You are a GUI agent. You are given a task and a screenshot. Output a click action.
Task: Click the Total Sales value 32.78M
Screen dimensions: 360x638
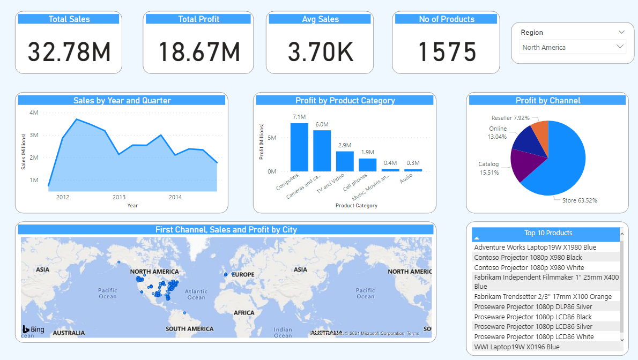click(x=69, y=52)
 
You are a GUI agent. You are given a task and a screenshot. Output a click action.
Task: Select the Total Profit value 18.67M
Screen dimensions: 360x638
click(x=199, y=52)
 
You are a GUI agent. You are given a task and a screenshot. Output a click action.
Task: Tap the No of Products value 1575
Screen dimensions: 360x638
click(x=447, y=52)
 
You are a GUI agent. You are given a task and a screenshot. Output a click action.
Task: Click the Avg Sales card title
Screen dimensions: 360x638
click(x=320, y=19)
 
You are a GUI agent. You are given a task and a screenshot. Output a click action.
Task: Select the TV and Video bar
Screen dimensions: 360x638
click(x=345, y=161)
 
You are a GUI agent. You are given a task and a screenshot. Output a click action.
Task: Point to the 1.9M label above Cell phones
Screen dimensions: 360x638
click(x=367, y=153)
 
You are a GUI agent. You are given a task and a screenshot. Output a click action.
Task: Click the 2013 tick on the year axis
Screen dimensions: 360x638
click(x=119, y=197)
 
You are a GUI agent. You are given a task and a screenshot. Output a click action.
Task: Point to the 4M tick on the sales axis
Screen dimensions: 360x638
click(x=33, y=112)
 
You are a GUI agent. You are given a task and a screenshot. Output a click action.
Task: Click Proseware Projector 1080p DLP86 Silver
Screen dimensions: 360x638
click(x=533, y=306)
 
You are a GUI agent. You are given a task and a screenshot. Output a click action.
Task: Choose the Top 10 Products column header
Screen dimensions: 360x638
click(x=548, y=233)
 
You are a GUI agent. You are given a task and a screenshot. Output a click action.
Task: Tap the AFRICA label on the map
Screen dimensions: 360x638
click(x=244, y=313)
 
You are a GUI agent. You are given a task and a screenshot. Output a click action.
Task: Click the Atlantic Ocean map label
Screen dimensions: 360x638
click(x=196, y=294)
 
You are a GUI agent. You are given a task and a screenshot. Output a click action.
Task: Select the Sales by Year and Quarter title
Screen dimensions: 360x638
click(x=122, y=101)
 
